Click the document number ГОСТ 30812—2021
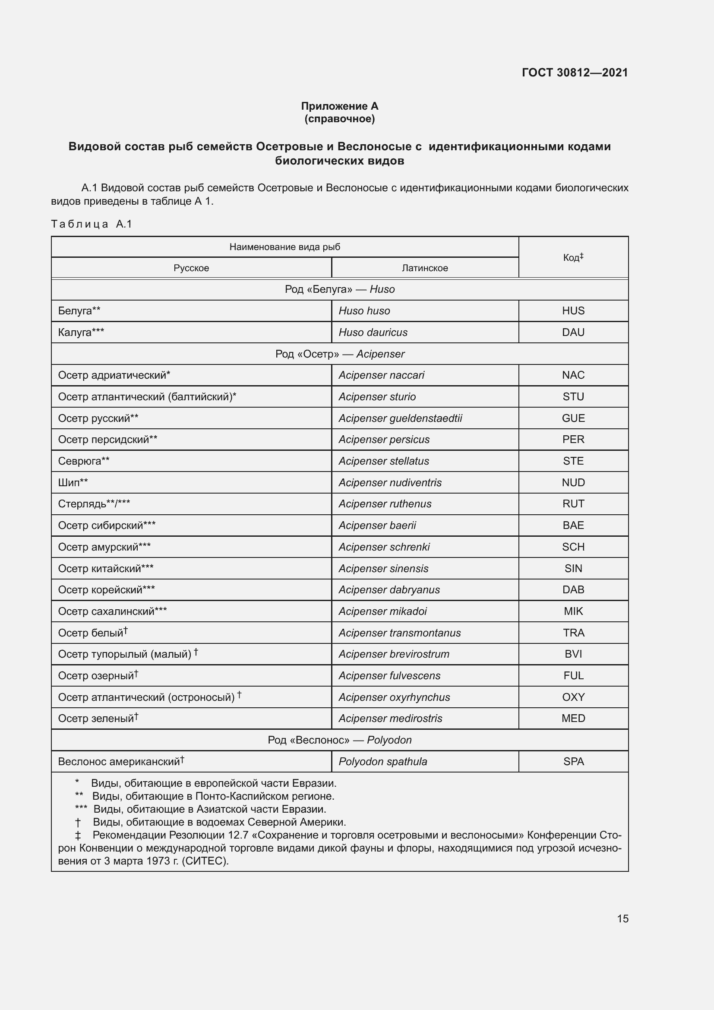pos(575,73)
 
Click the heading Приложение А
pos(339,106)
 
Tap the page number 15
pos(622,918)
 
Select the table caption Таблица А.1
pos(92,224)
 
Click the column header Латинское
pos(425,268)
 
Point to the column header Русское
pos(191,268)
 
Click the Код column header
pos(573,257)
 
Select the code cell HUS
pos(573,310)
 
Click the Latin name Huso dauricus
pos(373,332)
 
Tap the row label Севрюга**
pos(84,461)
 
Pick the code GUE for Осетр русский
pos(573,418)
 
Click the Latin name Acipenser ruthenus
pos(385,503)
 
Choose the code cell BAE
pos(573,525)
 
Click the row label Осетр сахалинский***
pos(112,611)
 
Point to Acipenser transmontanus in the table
pos(400,633)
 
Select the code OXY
pos(573,697)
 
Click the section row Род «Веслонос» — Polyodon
pos(339,740)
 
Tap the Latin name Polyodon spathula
pos(382,761)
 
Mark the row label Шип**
pos(73,483)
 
